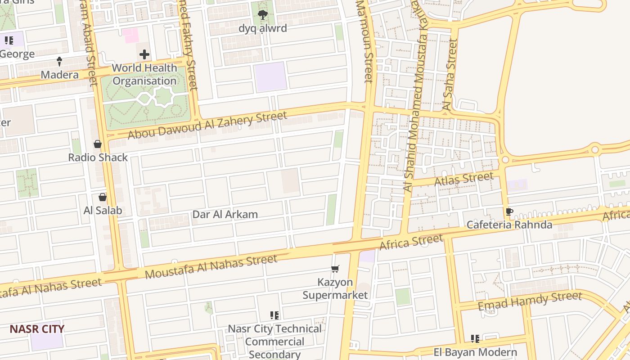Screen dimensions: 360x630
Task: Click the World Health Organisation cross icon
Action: point(144,55)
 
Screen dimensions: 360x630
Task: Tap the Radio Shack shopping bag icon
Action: point(98,144)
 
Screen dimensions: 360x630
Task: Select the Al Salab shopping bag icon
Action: point(103,197)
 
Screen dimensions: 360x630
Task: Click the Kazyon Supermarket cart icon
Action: point(335,269)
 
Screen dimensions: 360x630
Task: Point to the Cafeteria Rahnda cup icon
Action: point(509,211)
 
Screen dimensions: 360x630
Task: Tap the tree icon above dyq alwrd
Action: point(263,15)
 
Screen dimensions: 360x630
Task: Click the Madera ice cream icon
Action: point(59,61)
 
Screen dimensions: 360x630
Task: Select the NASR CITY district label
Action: point(37,329)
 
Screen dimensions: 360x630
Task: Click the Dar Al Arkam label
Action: point(225,214)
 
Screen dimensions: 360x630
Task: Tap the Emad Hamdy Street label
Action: point(530,301)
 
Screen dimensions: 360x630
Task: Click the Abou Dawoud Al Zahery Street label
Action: point(207,125)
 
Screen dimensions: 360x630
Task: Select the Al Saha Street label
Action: point(450,75)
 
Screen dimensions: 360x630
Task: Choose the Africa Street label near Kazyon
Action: point(411,242)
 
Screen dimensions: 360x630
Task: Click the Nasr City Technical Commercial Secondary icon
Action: point(274,315)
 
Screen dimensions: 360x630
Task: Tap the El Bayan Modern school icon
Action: point(475,338)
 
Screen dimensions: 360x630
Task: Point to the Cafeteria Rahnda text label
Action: point(509,225)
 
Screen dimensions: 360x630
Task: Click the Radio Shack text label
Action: point(98,157)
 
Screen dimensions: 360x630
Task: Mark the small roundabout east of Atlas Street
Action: point(505,160)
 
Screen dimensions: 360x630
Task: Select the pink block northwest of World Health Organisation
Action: point(131,36)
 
